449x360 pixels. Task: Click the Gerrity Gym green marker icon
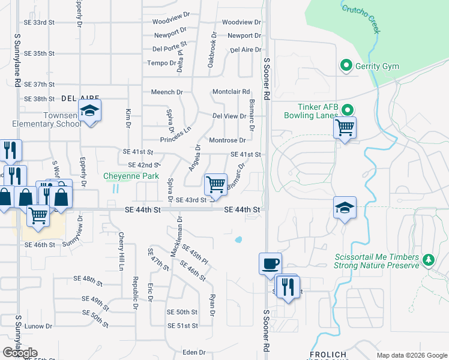(x=346, y=66)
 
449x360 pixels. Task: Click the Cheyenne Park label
(x=131, y=176)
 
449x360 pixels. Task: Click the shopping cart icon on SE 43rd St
(x=215, y=183)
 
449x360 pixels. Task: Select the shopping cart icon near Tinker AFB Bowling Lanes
(x=345, y=127)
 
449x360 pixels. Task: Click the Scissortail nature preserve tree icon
(x=428, y=260)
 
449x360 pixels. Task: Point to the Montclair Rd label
(x=231, y=92)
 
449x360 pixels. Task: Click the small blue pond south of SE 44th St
(x=238, y=240)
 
